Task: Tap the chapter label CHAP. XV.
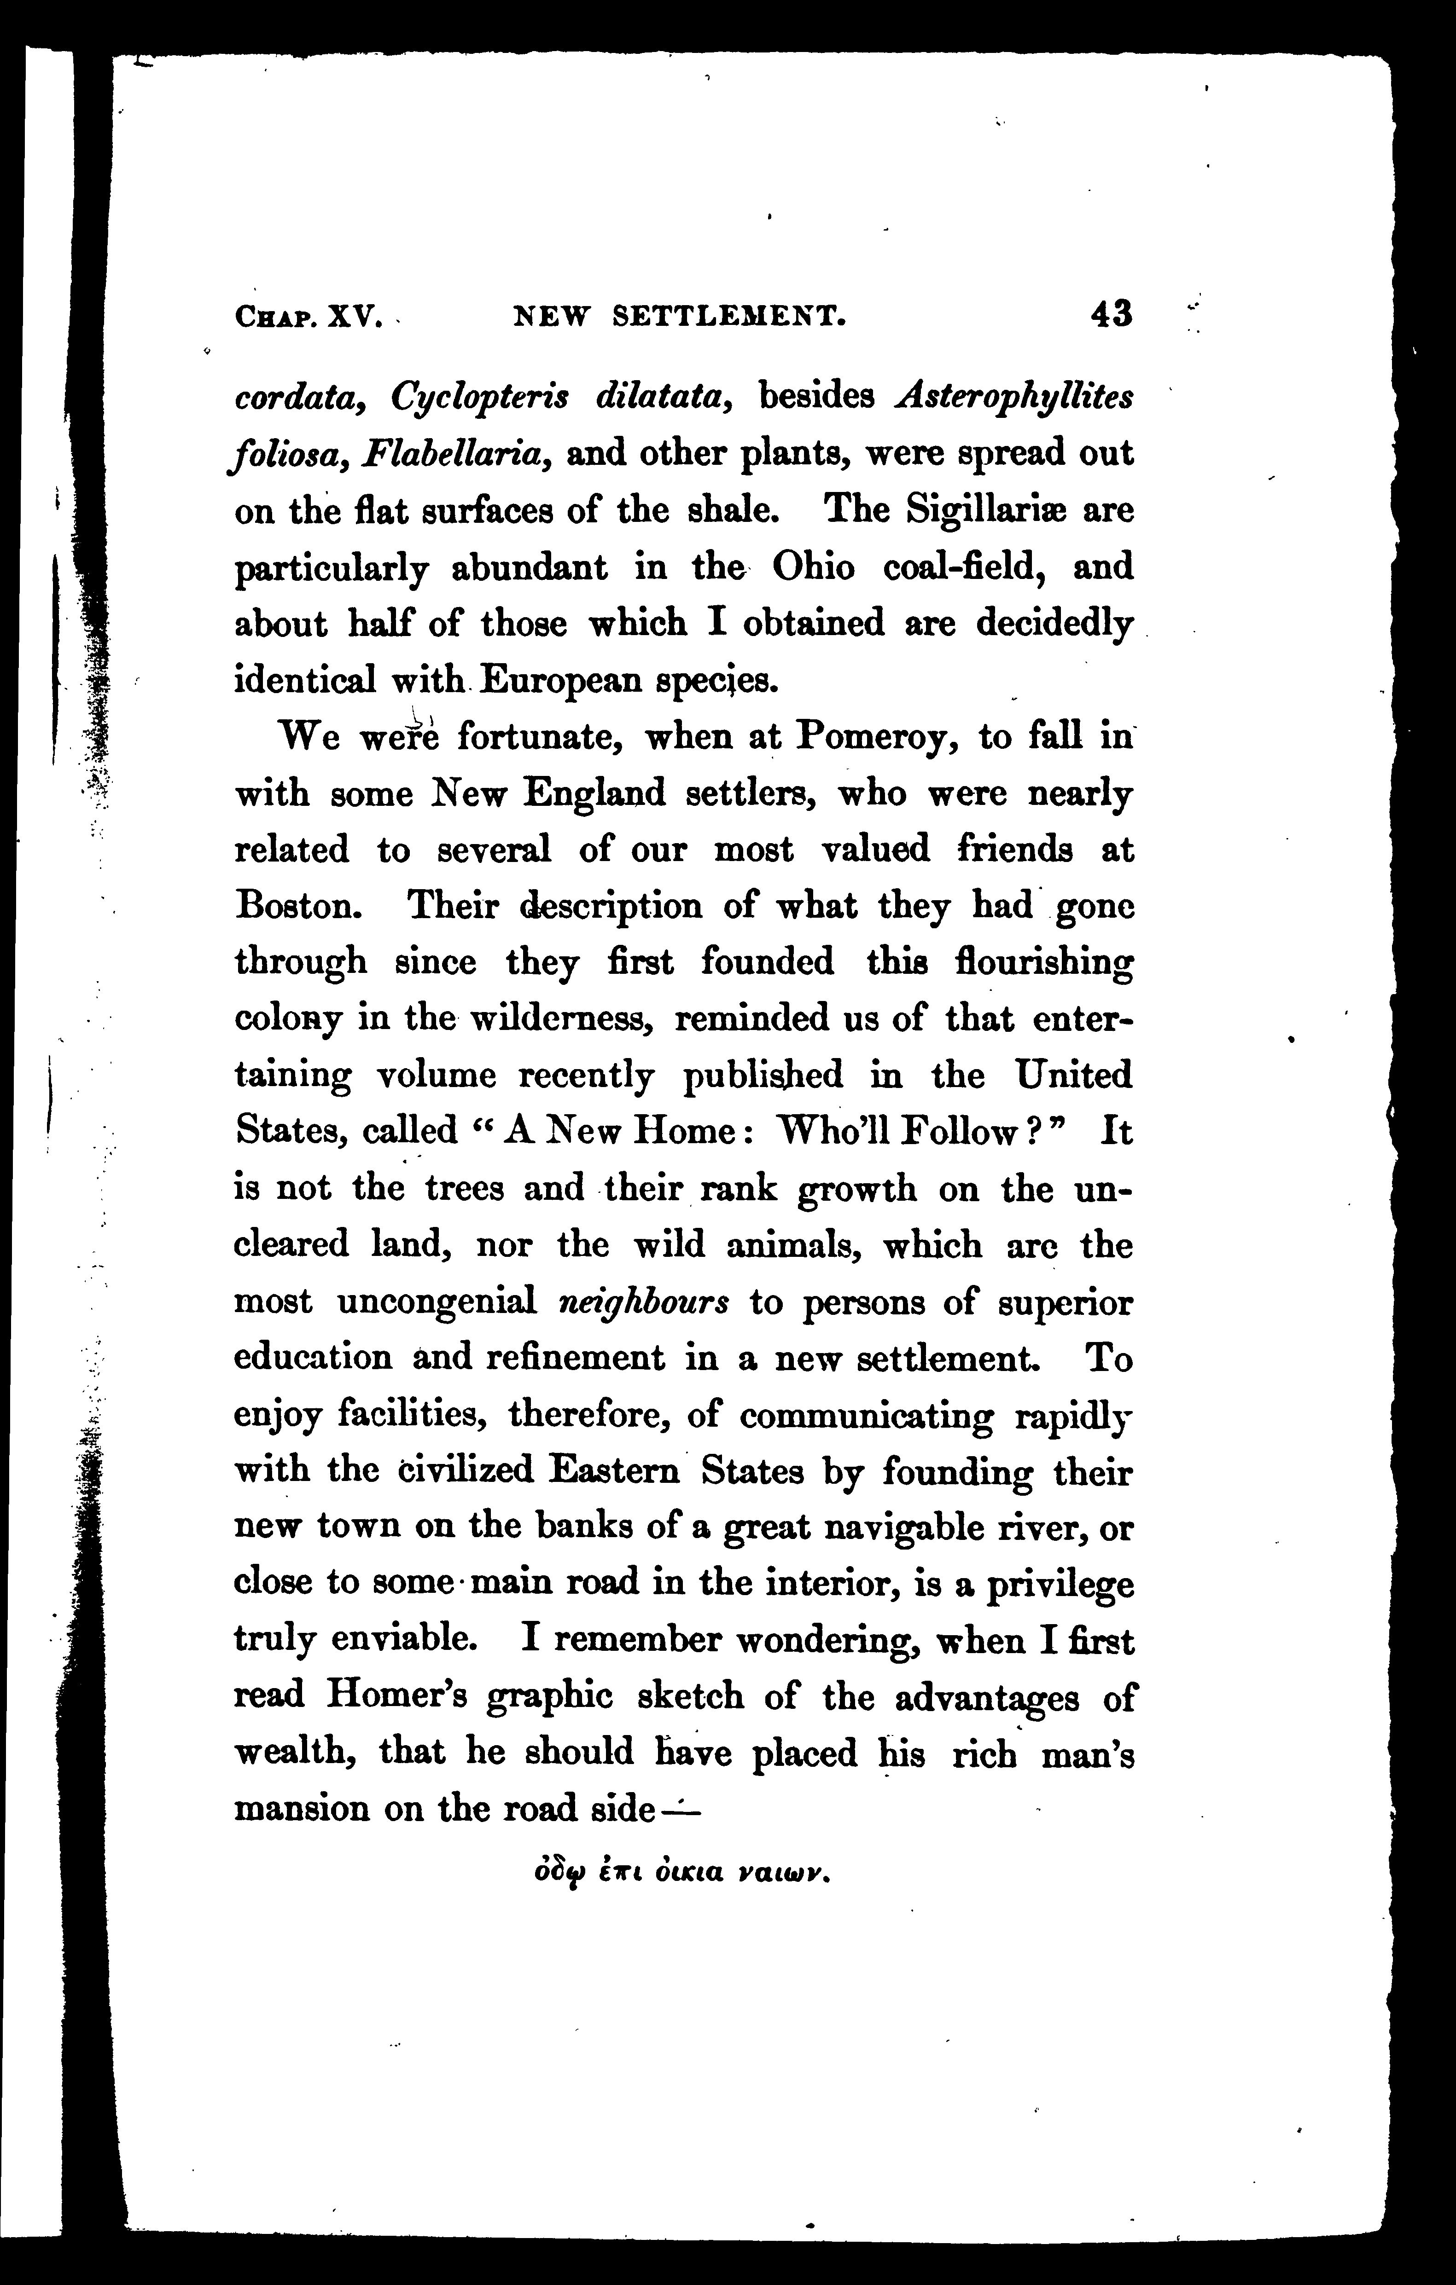click(x=307, y=316)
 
